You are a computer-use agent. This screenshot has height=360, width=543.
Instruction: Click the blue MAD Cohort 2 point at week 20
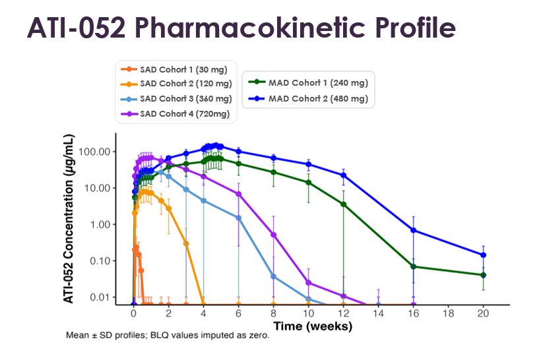483,255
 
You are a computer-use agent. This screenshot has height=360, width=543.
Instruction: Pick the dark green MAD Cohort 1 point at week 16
413,266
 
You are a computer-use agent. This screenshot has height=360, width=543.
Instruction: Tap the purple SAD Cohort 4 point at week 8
274,235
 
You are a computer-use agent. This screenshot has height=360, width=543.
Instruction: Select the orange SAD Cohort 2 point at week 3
186,243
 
